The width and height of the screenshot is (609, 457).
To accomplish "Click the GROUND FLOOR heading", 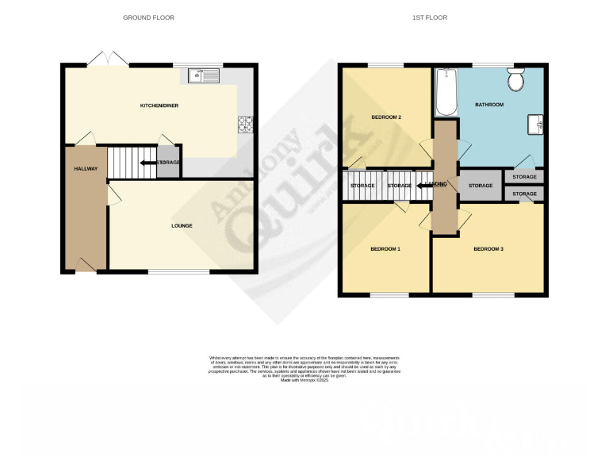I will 148,17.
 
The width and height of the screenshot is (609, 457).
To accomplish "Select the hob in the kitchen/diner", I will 244,125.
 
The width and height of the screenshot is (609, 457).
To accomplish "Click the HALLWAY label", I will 86,168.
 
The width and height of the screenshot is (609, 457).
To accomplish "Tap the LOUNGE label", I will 182,225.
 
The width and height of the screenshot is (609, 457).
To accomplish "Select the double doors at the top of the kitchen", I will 106,59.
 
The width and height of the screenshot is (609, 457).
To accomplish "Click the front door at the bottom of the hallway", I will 86,265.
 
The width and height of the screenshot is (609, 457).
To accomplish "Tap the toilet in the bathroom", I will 516,80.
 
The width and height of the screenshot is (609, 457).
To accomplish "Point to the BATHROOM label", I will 489,104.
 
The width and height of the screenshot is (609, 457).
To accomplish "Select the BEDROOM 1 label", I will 385,249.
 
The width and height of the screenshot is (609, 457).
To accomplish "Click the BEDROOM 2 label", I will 386,117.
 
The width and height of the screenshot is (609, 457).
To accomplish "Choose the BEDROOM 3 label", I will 488,249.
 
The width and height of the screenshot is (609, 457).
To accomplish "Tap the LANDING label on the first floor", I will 437,185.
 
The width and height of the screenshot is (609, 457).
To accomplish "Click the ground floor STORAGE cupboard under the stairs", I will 168,163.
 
